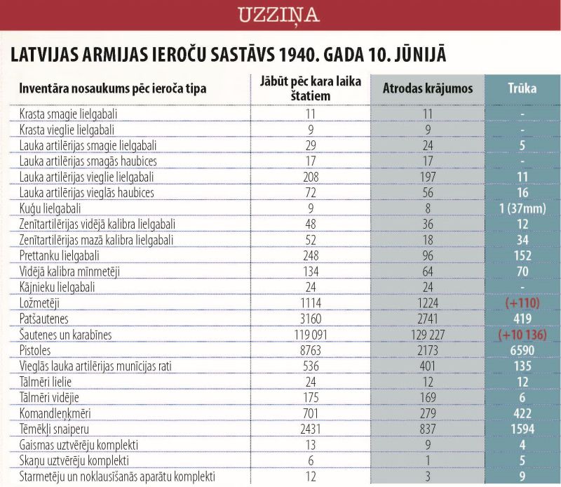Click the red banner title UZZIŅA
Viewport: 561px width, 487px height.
pos(278,15)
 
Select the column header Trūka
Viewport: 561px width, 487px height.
pos(522,88)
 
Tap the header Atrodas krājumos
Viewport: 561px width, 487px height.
pos(428,88)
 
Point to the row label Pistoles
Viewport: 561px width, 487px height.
pos(35,350)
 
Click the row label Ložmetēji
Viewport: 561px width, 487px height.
pos(39,303)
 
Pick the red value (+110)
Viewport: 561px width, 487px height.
pos(522,303)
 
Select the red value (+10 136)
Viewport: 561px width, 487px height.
pos(522,335)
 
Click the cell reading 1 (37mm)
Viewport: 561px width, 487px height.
pos(522,208)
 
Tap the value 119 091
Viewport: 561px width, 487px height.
pos(311,335)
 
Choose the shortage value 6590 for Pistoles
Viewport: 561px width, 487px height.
pos(522,350)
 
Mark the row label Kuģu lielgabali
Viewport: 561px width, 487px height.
pos(50,209)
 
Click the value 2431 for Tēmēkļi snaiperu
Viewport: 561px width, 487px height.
pos(311,429)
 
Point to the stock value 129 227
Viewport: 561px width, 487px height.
pos(428,335)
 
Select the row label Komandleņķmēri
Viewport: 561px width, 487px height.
pos(55,413)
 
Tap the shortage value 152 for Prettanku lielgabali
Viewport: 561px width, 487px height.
pos(522,255)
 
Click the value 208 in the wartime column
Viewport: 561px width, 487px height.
pos(311,177)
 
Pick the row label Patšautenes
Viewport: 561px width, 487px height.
pos(43,319)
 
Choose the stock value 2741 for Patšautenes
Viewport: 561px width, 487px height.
pos(428,319)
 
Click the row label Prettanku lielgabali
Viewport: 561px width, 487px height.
pos(60,256)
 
